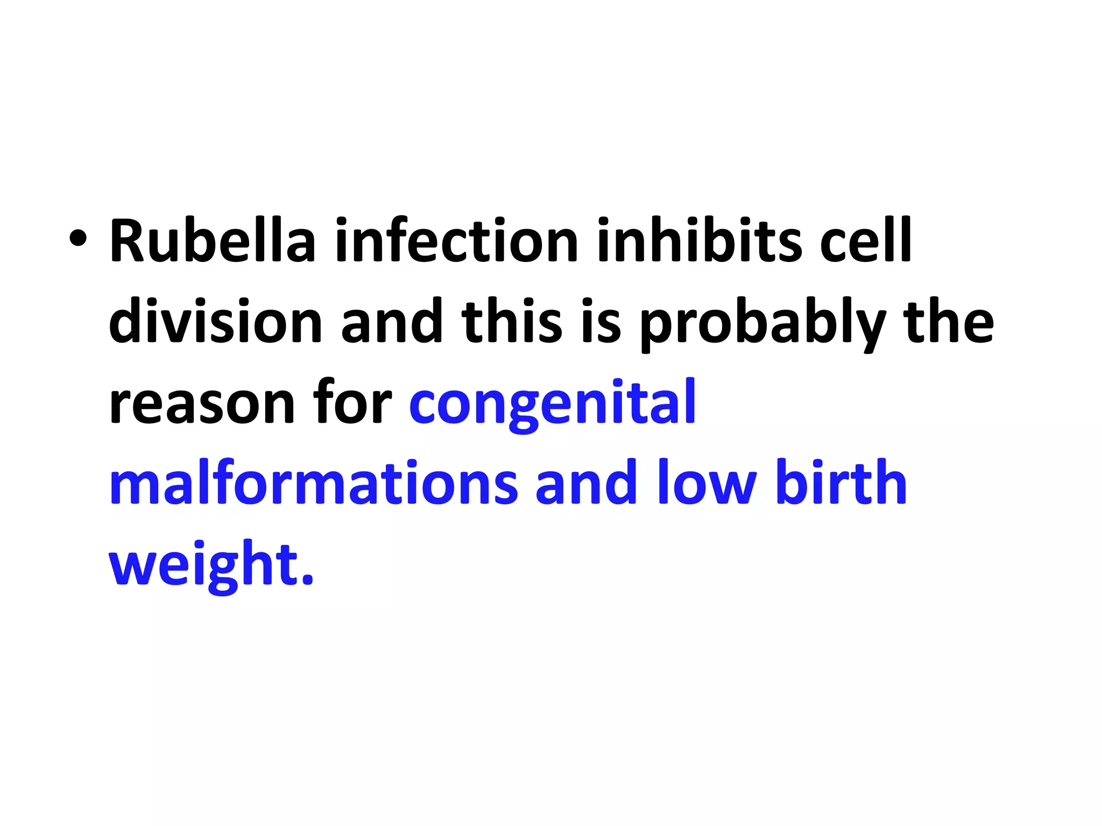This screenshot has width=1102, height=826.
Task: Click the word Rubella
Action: [213, 240]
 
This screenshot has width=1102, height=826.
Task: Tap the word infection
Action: [456, 240]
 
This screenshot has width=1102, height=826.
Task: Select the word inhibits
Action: [699, 240]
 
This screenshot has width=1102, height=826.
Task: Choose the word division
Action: [215, 321]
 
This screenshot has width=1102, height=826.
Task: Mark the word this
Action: [512, 321]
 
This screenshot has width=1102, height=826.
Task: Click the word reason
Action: [202, 403]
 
